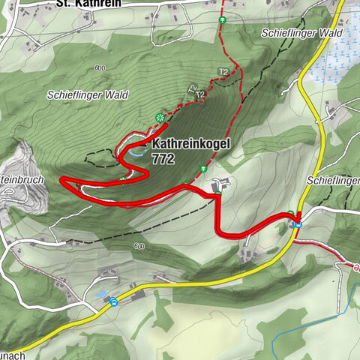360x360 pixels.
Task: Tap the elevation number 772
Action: click(163, 159)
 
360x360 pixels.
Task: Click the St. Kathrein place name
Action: click(88, 4)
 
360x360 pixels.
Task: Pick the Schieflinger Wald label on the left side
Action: click(87, 95)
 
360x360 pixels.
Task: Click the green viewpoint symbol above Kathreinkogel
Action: click(159, 117)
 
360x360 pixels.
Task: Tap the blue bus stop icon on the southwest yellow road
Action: click(113, 301)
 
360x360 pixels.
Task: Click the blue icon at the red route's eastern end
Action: click(298, 223)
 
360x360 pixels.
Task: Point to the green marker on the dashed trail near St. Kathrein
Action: click(222, 19)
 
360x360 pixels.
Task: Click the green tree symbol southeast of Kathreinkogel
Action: click(202, 170)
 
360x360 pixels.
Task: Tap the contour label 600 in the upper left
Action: click(100, 68)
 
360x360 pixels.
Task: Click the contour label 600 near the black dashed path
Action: click(139, 246)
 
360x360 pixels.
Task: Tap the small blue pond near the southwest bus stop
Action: click(100, 293)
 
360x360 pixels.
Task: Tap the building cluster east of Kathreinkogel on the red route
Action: click(222, 184)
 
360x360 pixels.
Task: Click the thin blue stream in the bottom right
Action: click(300, 330)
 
